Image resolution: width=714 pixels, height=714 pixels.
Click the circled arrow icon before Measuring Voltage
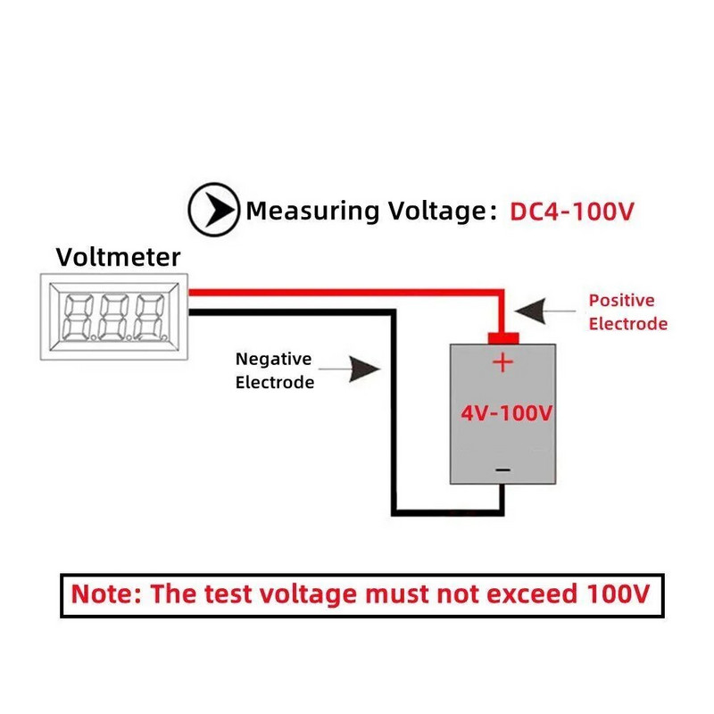point(213,211)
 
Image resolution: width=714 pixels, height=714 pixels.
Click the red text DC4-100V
point(572,212)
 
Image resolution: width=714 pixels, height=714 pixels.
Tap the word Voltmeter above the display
point(118,258)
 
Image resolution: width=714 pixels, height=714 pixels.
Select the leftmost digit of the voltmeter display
point(78,317)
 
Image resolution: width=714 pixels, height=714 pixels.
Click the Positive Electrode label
point(627,312)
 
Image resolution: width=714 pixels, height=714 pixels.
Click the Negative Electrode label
point(274,370)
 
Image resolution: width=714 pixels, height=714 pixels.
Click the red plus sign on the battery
point(503,362)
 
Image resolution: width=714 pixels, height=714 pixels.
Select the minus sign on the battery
point(503,470)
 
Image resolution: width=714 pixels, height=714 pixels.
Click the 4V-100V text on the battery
point(507,414)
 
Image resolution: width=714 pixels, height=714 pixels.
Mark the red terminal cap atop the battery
point(503,336)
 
